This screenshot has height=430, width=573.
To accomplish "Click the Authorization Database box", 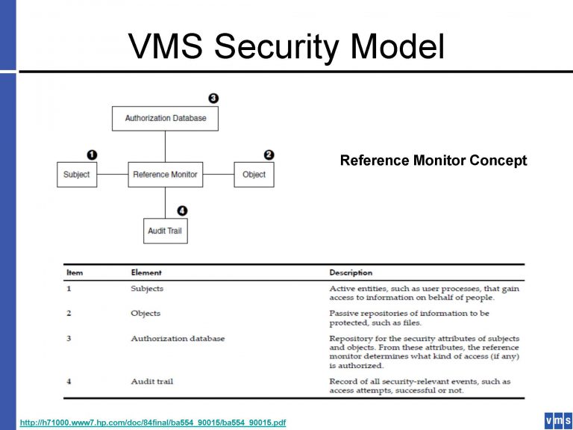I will (166, 118).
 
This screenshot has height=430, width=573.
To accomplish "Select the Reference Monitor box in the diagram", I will (165, 175).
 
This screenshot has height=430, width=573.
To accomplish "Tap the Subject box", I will (77, 175).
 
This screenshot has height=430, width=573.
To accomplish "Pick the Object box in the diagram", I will (254, 175).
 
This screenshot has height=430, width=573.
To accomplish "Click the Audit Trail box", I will (165, 231).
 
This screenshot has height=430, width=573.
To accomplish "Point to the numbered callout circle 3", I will (213, 98).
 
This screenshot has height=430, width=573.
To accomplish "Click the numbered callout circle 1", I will (92, 155).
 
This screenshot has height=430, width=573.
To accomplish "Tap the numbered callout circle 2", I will (269, 155).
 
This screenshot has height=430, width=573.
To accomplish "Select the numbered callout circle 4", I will (182, 211).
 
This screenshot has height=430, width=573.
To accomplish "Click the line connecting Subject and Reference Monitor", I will (112, 175).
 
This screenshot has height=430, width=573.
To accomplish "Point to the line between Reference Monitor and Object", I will (219, 175).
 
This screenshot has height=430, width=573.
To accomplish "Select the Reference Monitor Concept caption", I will (433, 161).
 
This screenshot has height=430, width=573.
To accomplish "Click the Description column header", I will (351, 272).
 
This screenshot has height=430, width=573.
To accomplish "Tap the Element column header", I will (146, 272).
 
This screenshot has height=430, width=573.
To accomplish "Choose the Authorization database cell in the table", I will (178, 338).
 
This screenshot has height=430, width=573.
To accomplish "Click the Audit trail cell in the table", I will (152, 381).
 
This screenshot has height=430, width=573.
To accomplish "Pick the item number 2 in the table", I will (69, 314).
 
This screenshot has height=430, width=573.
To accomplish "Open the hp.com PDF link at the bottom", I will (152, 423).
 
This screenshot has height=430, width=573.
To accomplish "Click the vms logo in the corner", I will (558, 420).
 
